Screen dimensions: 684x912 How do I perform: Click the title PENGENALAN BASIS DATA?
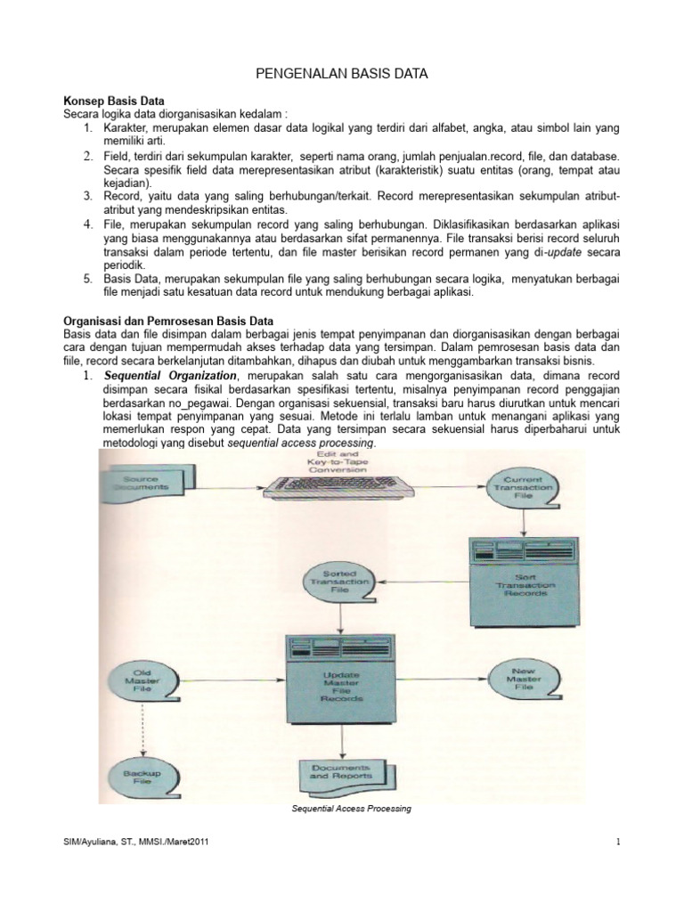pyautogui.click(x=341, y=76)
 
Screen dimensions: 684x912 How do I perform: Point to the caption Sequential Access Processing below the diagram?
pyautogui.click(x=352, y=810)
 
